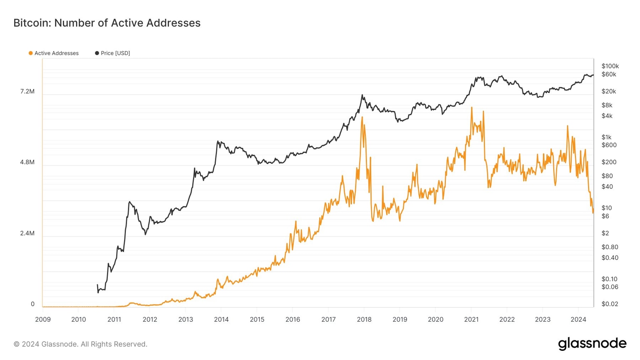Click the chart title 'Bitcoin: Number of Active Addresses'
[107, 23]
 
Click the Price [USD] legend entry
[112, 53]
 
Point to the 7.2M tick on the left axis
[27, 91]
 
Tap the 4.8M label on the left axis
[27, 162]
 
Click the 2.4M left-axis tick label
[27, 233]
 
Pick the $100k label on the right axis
[610, 66]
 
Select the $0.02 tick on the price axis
[610, 304]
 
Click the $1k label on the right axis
[606, 137]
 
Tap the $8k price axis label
[607, 105]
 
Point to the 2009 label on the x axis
[43, 320]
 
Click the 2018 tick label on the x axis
[364, 320]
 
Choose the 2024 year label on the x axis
[578, 320]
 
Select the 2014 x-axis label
[221, 320]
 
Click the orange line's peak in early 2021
[472, 108]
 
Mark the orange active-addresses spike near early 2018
[362, 117]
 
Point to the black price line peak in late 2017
[362, 95]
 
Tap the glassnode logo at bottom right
[592, 344]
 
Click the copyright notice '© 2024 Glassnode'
[80, 344]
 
